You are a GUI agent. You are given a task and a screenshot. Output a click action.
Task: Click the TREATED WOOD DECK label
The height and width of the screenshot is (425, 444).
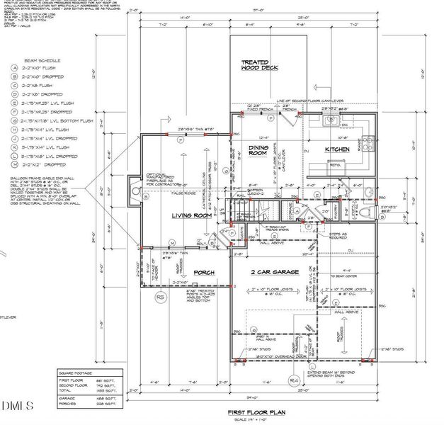260,65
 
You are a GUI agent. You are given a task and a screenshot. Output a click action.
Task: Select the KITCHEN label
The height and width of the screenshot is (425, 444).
338,150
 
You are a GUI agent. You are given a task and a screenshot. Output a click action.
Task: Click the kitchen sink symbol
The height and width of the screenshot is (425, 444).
332,121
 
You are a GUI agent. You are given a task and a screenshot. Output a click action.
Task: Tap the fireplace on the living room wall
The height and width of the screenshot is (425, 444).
134,189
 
